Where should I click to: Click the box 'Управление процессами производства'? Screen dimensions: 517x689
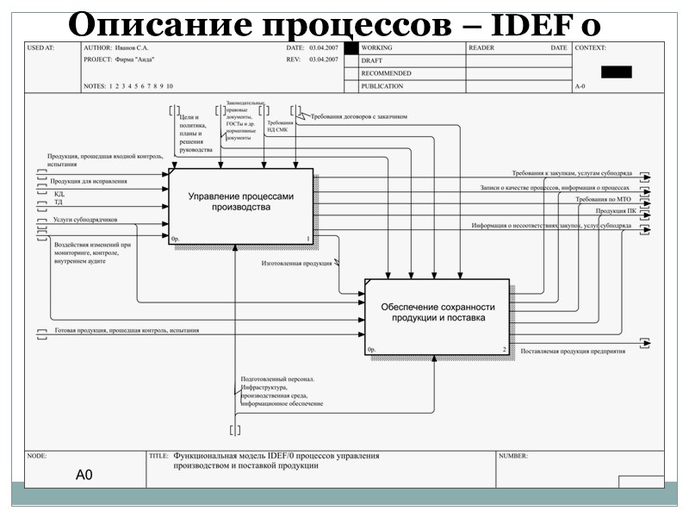(x=240, y=202)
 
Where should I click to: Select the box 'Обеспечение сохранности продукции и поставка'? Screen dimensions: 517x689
(x=438, y=312)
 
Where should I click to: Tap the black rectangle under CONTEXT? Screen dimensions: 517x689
(x=616, y=72)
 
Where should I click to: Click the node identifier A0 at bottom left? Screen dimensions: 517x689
(x=84, y=474)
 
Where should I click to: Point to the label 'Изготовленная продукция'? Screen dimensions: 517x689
(x=297, y=264)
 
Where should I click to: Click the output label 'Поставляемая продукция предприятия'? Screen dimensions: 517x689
(x=572, y=351)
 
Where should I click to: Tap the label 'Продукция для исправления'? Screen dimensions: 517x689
(x=89, y=181)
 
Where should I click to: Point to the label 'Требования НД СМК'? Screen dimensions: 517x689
(x=280, y=126)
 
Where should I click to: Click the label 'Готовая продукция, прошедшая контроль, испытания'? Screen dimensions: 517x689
(x=126, y=330)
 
